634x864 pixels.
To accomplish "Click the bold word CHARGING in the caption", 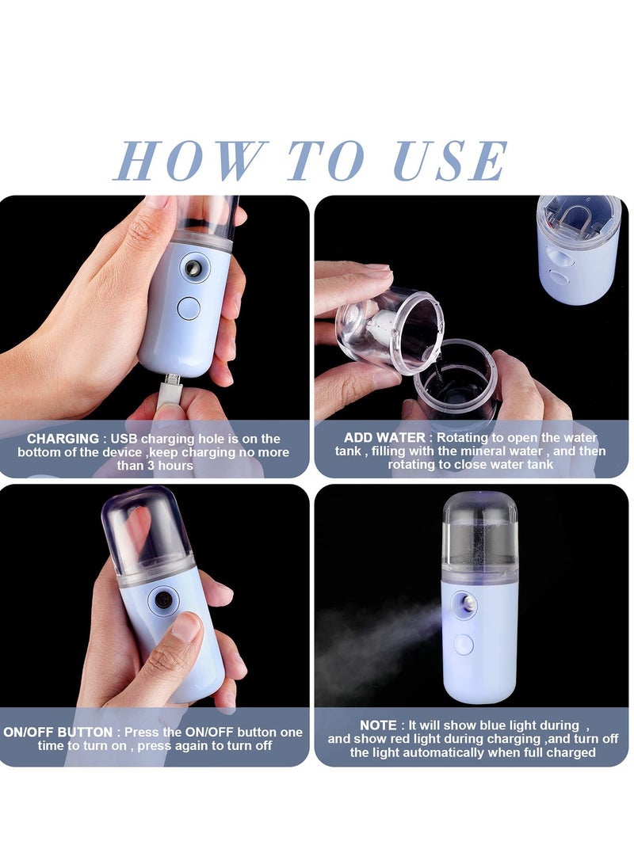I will pos(63,439).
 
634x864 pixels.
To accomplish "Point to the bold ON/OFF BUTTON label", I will pos(58,732).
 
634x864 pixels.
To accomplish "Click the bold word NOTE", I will pos(377,725).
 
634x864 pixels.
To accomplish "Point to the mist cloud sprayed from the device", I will pos(372,641).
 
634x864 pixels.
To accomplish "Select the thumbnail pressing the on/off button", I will pos(185,630).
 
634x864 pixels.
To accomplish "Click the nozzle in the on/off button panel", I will pos(162,600).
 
